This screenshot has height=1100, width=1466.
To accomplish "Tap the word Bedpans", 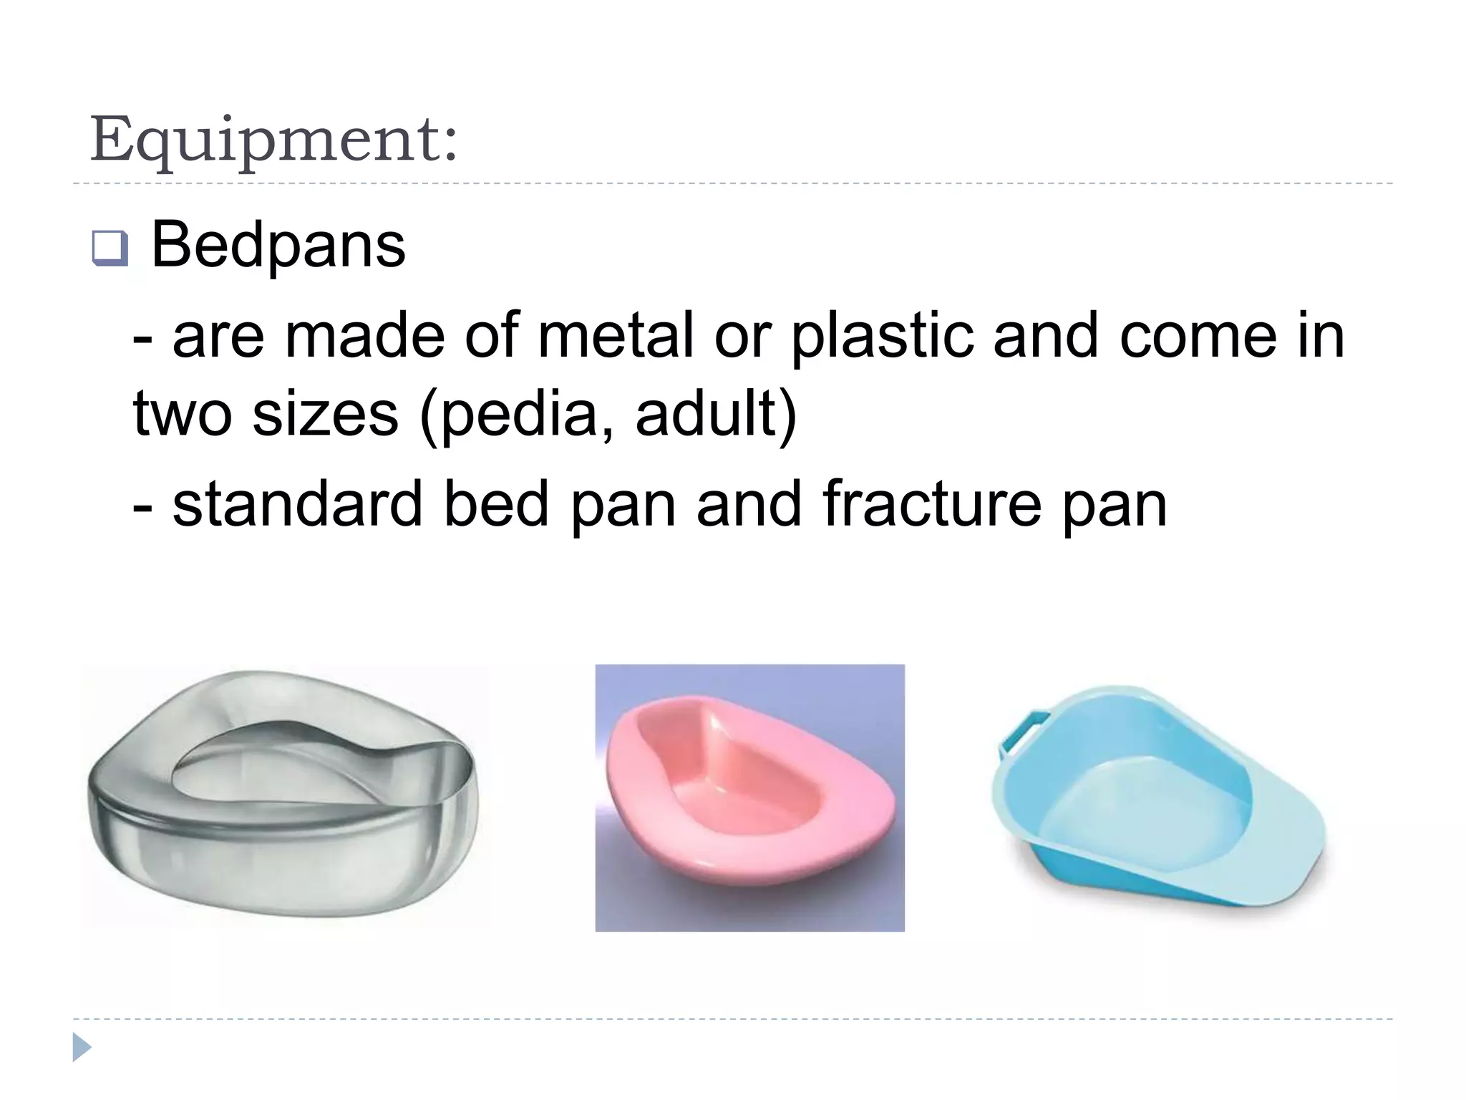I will coord(278,246).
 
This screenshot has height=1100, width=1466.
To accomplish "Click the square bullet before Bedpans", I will coord(110,249).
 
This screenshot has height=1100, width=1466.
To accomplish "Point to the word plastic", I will coord(881,337).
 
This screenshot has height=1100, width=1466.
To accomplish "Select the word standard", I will coord(298,504).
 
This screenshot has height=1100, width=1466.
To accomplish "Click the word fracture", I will coord(931,504).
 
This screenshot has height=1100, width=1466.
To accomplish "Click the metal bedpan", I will coord(282,795).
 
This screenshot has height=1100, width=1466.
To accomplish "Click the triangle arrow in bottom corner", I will coord(82,1047).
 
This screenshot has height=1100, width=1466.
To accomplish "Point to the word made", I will coord(364,336).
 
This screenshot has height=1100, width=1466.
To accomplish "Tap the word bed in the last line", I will coord(495,504).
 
